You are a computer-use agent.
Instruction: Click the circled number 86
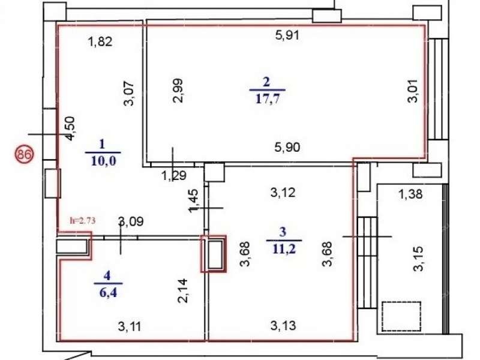(23, 154)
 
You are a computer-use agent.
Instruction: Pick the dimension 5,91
(287, 35)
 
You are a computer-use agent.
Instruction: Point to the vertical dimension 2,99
(178, 91)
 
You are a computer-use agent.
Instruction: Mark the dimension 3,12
(282, 193)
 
